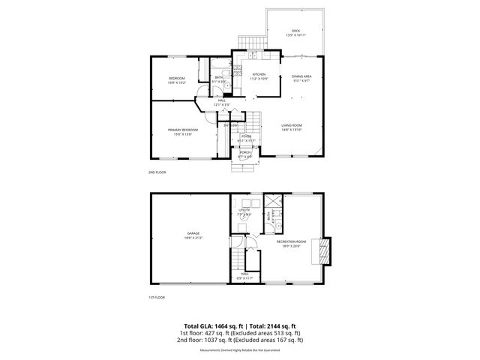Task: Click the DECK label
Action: click(x=296, y=31)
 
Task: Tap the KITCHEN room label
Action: click(x=259, y=74)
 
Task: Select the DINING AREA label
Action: click(x=301, y=76)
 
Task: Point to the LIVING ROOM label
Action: click(x=291, y=125)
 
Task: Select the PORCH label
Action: click(x=245, y=152)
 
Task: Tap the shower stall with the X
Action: click(x=272, y=202)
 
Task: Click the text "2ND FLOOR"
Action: click(x=157, y=172)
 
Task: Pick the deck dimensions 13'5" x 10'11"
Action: click(x=296, y=35)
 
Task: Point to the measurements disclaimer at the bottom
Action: click(x=239, y=350)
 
